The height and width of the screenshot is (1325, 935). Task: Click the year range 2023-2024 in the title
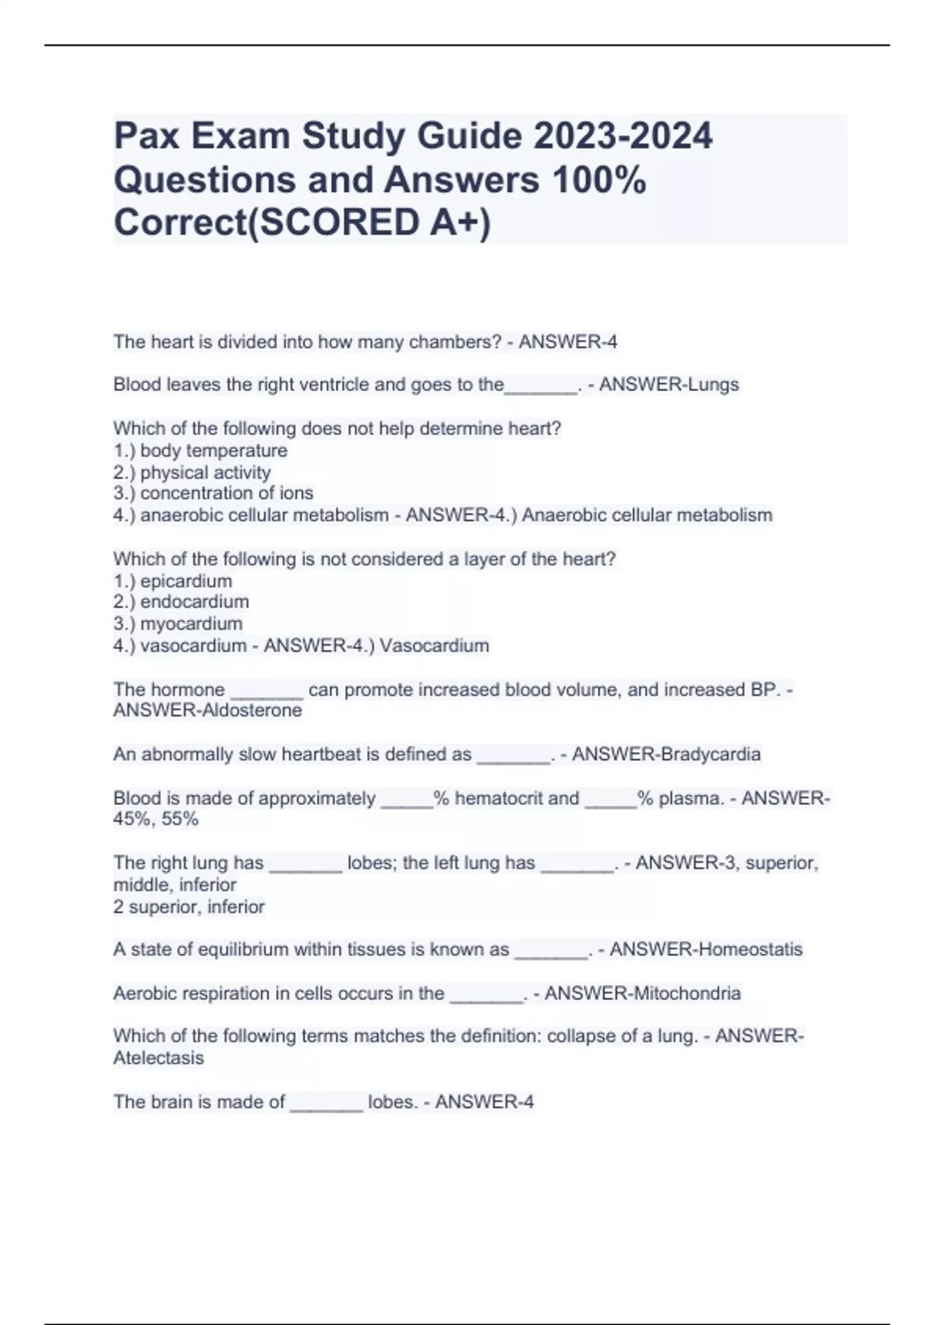[623, 136]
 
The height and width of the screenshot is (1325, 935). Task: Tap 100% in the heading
[598, 180]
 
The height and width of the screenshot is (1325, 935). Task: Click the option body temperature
[213, 450]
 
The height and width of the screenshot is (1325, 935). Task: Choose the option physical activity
[206, 472]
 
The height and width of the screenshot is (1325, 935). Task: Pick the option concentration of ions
[227, 493]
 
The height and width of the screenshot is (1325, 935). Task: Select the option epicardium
[186, 581]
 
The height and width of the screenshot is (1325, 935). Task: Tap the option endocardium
[195, 602]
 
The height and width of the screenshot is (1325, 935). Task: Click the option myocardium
[192, 624]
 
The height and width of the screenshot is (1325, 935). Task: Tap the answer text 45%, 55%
[156, 819]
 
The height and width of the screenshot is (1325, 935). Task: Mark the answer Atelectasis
[158, 1058]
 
